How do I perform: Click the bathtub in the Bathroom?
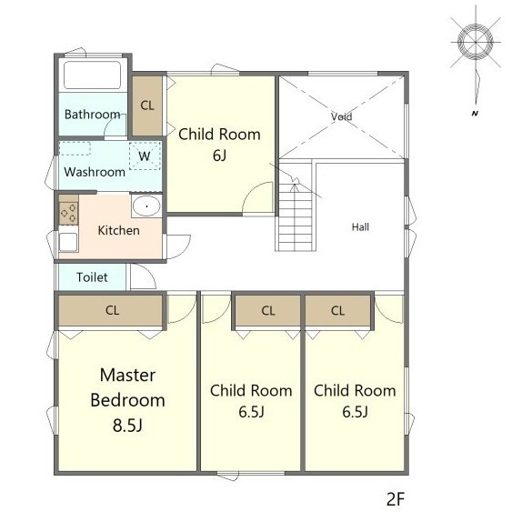[93, 75]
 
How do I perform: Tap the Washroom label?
[95, 172]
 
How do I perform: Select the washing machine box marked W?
[145, 156]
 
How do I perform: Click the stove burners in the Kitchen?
[68, 213]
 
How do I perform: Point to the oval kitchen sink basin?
[146, 206]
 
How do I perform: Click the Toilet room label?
[92, 277]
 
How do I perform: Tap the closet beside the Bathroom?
[147, 105]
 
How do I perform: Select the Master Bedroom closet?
[111, 310]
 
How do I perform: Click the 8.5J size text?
[127, 426]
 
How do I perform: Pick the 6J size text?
[220, 156]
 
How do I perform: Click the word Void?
[342, 116]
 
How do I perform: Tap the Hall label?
[360, 227]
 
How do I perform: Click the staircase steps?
[296, 217]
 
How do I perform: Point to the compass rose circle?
[476, 42]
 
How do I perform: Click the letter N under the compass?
[475, 114]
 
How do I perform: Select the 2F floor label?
[396, 499]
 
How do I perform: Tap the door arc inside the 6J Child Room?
[252, 189]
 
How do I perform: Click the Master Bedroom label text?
[127, 387]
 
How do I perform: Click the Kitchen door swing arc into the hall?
[184, 251]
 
